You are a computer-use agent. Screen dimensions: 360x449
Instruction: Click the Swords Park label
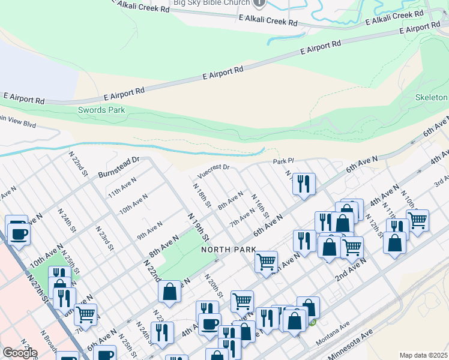click(101, 110)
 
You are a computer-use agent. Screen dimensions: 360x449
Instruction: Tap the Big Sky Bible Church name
click(211, 3)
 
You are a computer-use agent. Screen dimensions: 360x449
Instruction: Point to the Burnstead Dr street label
click(124, 163)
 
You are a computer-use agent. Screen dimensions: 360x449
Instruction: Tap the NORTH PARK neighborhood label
click(229, 249)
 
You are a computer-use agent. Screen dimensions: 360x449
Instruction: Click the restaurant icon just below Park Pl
click(304, 183)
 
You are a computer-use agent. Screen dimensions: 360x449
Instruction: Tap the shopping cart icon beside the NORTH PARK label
click(265, 261)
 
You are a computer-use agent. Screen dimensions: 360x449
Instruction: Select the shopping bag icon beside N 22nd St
click(170, 291)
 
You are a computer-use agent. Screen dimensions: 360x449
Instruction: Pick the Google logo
click(20, 353)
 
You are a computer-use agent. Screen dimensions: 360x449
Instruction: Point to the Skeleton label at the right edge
click(432, 97)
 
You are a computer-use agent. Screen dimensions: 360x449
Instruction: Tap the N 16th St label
click(260, 206)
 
